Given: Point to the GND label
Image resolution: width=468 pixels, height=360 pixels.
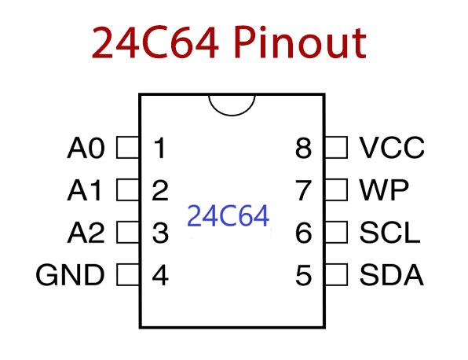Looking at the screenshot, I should tap(71, 276).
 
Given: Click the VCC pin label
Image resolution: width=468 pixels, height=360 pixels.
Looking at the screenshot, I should tap(392, 147).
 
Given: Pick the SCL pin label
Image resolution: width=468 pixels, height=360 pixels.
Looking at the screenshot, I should tap(389, 233).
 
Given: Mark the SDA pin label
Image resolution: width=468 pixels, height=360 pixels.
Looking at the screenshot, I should tap(391, 276).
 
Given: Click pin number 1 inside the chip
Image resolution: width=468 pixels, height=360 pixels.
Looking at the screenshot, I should tap(160, 148).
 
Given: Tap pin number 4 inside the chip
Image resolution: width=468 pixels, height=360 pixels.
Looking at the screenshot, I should tap(160, 276).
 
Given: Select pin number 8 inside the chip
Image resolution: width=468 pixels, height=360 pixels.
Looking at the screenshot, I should tap(304, 148).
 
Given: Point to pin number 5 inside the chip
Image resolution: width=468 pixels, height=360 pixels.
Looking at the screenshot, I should tap(304, 276).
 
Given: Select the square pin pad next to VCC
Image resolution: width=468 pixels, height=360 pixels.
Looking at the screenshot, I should tap(336, 147).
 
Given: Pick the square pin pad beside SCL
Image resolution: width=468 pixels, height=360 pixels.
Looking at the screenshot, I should tap(336, 233).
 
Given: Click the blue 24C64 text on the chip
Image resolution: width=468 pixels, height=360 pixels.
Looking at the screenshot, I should tap(228, 216).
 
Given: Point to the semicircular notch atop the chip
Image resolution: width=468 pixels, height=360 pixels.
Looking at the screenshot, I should tap(232, 105).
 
